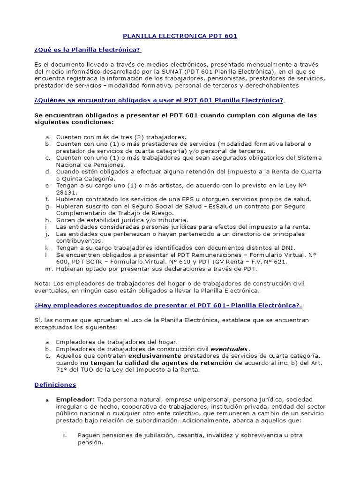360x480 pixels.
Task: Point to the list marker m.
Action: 48,269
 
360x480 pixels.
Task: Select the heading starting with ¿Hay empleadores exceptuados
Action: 168,305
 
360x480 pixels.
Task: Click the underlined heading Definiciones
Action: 55,384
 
